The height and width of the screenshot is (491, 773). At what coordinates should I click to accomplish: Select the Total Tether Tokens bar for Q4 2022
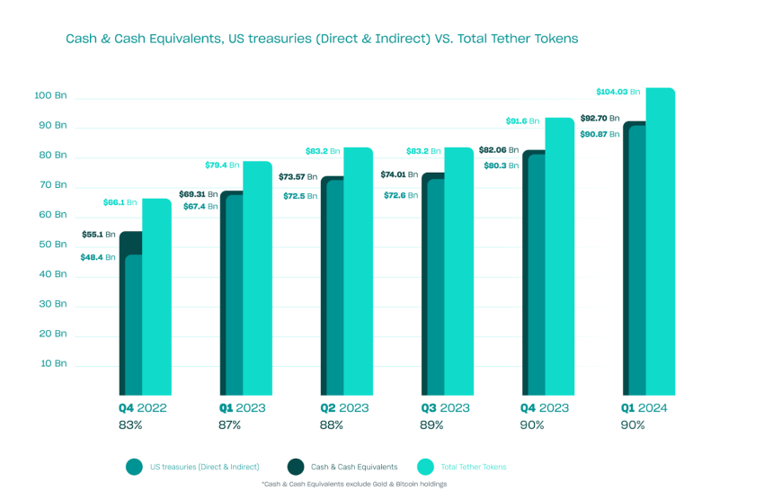156,297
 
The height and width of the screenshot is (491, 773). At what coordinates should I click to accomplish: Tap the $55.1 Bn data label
98,234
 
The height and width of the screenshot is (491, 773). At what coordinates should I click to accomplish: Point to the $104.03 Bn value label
618,92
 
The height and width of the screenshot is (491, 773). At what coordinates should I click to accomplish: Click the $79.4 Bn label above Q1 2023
221,165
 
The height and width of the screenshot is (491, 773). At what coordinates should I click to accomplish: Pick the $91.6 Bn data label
522,121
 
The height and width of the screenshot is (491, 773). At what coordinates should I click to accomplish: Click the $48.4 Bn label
97,257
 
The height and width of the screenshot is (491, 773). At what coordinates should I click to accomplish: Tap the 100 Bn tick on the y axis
50,95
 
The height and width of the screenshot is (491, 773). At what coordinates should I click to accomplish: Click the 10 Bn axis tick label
53,363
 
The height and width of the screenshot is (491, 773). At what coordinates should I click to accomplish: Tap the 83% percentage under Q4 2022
130,424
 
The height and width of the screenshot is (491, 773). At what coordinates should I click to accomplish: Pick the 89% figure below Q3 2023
432,424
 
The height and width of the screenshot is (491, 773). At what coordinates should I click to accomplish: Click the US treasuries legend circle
134,466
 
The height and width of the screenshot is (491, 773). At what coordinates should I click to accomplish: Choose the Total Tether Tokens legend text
473,467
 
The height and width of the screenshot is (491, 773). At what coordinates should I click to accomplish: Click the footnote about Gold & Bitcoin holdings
353,484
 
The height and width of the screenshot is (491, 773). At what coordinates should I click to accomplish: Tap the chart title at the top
321,40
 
